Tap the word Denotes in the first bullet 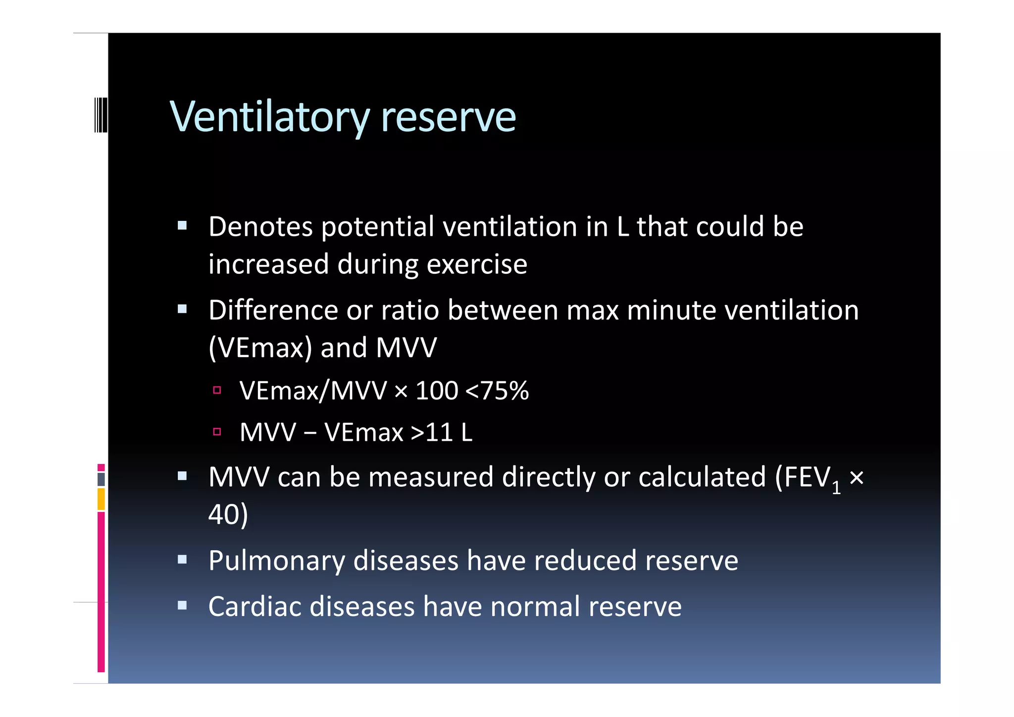(x=260, y=227)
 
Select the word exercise (x=477, y=264)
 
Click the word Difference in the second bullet (x=273, y=310)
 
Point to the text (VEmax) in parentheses (x=260, y=348)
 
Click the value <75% (x=497, y=391)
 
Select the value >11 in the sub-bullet (x=432, y=432)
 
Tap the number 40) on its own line (x=228, y=514)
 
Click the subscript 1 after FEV (x=836, y=488)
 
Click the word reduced (x=585, y=561)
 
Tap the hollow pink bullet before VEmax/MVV (x=217, y=390)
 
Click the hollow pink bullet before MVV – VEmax (x=217, y=432)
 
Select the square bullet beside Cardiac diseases (x=182, y=605)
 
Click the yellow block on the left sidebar (x=101, y=499)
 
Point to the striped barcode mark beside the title (x=101, y=115)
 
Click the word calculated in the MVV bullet (x=702, y=477)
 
